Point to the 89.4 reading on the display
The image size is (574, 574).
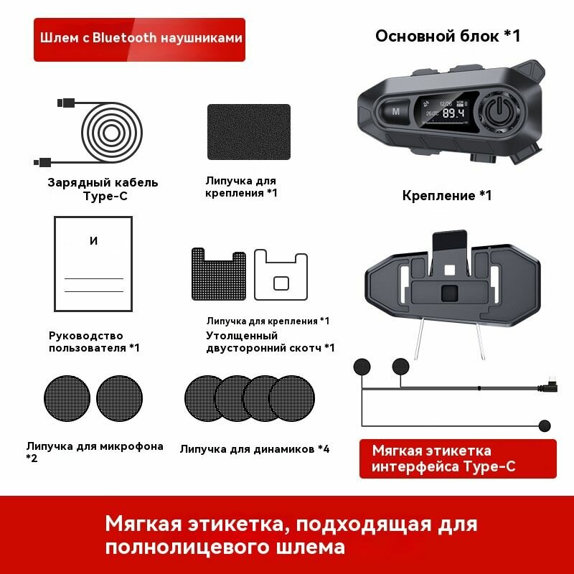[x=452, y=113]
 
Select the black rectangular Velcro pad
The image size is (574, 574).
[x=248, y=133]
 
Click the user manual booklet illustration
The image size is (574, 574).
[x=93, y=263]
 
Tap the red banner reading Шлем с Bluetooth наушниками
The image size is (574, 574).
[x=140, y=39]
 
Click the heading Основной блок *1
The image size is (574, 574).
[x=448, y=37]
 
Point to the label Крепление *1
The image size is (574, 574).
[x=447, y=195]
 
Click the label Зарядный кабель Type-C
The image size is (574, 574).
[x=103, y=189]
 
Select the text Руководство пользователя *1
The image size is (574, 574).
[x=94, y=342]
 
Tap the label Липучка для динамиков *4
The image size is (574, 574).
[x=255, y=449]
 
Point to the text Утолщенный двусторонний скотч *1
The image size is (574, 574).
[x=270, y=342]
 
